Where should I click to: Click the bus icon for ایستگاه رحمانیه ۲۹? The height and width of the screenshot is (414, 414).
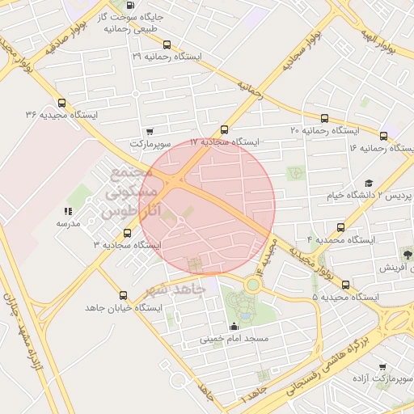pyautogui.click(x=167, y=45)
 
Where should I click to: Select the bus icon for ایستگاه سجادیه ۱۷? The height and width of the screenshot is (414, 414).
pyautogui.click(x=224, y=129)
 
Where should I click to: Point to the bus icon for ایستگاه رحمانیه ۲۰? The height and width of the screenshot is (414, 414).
pyautogui.click(x=325, y=118)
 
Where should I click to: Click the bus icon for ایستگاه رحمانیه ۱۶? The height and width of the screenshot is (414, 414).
pyautogui.click(x=383, y=136)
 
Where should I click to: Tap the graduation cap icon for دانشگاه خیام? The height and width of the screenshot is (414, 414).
pyautogui.click(x=369, y=184)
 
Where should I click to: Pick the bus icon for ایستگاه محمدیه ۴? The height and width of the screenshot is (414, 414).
pyautogui.click(x=340, y=228)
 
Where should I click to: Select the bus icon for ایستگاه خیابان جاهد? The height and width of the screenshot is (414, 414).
pyautogui.click(x=123, y=296)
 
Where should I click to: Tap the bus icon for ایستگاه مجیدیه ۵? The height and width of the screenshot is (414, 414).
pyautogui.click(x=346, y=285)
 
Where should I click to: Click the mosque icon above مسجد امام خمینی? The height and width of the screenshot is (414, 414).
pyautogui.click(x=234, y=326)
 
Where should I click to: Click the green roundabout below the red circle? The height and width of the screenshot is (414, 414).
pyautogui.click(x=253, y=284)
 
